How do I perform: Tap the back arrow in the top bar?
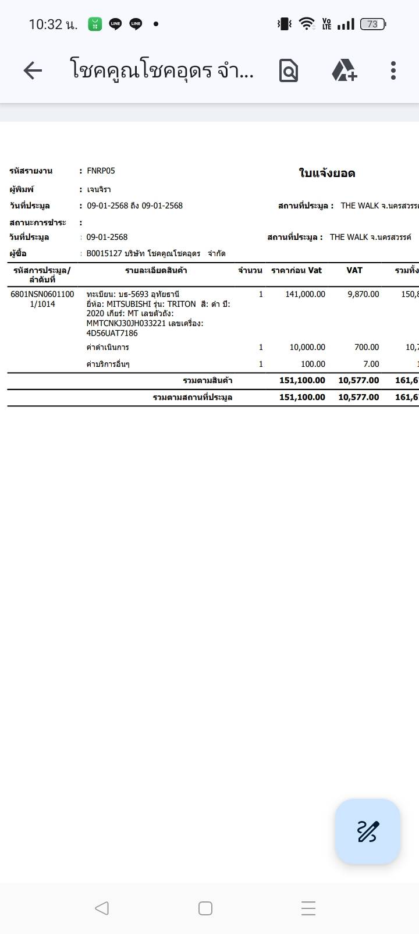(x=33, y=71)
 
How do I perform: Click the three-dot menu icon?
(x=393, y=70)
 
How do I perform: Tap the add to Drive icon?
(x=344, y=70)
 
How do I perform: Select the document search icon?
(x=289, y=71)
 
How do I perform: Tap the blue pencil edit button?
(x=367, y=831)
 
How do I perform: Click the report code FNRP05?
(x=101, y=171)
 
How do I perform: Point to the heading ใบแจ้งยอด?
(x=326, y=173)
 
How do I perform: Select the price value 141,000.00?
(x=306, y=294)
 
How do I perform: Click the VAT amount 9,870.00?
(x=363, y=294)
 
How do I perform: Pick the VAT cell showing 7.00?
(x=371, y=364)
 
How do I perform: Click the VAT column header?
(x=354, y=270)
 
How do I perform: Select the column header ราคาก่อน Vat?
(x=296, y=270)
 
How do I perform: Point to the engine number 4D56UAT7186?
(x=112, y=333)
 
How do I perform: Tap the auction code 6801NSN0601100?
(x=42, y=294)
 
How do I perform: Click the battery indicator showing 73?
(x=372, y=24)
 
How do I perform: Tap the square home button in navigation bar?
(x=205, y=908)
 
